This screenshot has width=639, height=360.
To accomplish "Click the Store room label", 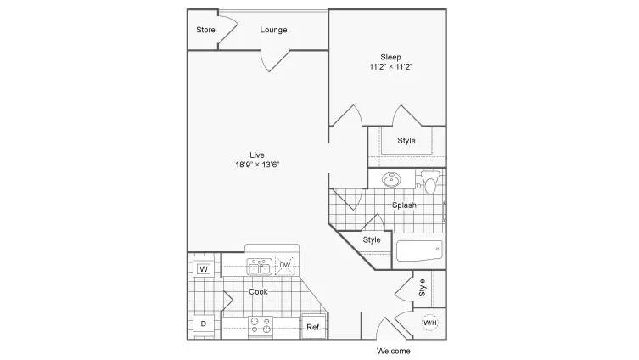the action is [x=205, y=30].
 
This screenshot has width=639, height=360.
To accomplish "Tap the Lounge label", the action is [x=273, y=30].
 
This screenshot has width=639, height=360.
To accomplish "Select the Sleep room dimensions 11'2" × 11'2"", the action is [x=391, y=67].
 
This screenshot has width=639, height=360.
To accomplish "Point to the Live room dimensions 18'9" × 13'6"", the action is [x=257, y=165].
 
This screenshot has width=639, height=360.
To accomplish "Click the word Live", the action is [x=257, y=155].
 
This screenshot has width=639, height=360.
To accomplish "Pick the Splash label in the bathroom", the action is [x=404, y=205].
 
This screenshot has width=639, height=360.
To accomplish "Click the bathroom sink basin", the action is [x=391, y=179].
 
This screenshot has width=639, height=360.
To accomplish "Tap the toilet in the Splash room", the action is [x=430, y=182].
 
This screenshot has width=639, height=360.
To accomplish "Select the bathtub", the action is [x=419, y=250].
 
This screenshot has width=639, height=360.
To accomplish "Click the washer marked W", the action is [x=204, y=268].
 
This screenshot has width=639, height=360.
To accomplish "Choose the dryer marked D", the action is [x=204, y=323].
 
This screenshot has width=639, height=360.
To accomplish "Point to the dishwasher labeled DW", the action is [x=285, y=265].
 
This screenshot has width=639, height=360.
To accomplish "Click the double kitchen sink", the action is [x=259, y=267].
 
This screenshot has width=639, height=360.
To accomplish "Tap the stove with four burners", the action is [x=261, y=326].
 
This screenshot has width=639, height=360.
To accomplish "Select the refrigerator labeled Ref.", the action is [x=313, y=327].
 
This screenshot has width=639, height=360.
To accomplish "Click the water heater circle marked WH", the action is [x=430, y=323].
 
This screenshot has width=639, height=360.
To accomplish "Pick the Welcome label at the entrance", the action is [x=393, y=351].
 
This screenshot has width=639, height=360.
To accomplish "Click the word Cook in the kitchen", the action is [x=258, y=291].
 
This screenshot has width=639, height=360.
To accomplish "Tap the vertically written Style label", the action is [x=422, y=288].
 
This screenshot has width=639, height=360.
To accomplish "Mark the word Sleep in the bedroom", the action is [x=391, y=58].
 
